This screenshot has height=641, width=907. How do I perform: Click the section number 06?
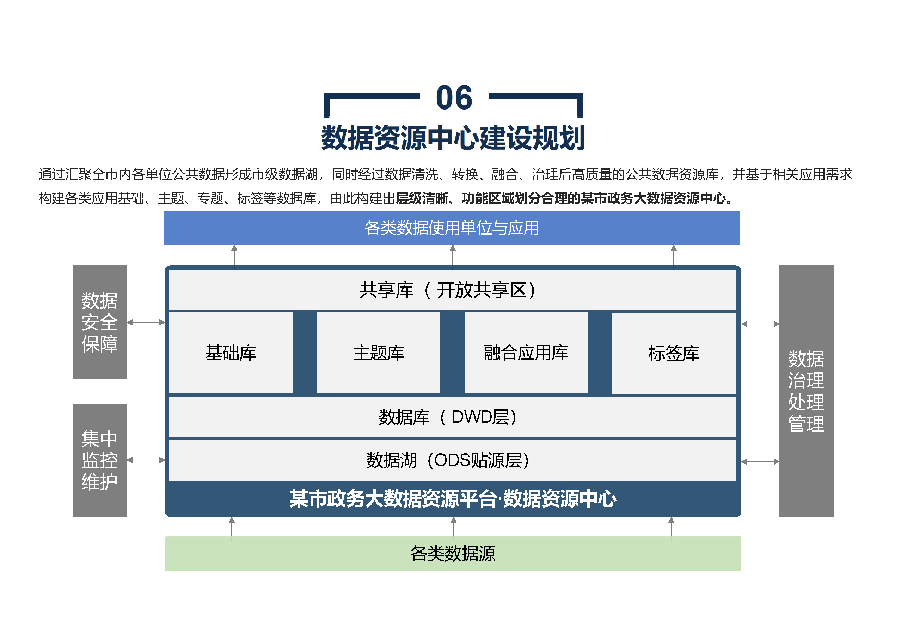coord(454,98)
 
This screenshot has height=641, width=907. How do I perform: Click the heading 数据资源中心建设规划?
coord(453,138)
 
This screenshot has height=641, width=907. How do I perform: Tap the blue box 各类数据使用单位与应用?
coord(452,228)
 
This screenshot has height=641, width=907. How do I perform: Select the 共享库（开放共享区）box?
coord(452,290)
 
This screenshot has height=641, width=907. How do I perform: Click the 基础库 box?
coord(231,353)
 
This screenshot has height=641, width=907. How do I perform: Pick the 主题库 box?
coord(379,353)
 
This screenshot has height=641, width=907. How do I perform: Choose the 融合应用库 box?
coord(526,353)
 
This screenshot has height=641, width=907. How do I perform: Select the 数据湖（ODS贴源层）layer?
coord(452,461)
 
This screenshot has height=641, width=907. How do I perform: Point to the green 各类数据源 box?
coord(453,553)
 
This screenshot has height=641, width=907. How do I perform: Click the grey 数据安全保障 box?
coord(99,322)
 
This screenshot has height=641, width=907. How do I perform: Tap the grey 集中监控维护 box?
coord(99,460)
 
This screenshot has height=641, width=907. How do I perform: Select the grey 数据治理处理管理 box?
coord(806,391)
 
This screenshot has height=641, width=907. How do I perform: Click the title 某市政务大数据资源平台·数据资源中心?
coord(452,498)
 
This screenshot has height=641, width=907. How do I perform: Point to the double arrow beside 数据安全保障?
coord(146,323)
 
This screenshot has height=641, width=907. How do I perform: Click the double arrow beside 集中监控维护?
coord(146,460)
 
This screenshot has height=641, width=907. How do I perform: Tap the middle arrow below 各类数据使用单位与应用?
coord(453,256)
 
